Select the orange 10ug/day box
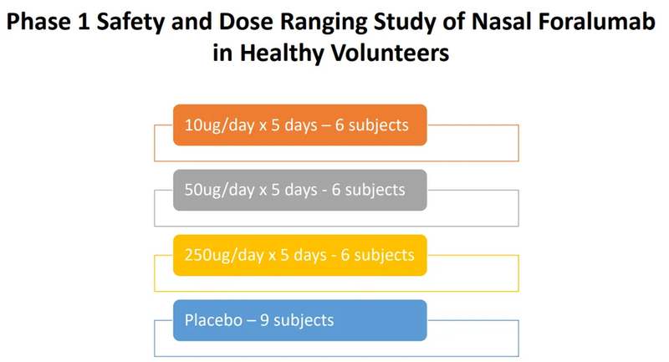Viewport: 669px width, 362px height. (300, 125)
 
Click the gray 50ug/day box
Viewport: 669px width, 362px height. (300, 190)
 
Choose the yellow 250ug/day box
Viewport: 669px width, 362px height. (300, 255)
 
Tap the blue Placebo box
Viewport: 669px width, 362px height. (300, 320)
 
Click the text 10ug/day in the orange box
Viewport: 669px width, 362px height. (213, 125)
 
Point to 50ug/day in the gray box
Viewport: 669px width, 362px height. (213, 190)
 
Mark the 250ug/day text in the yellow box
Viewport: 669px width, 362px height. (217, 255)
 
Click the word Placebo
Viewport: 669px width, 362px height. (209, 320)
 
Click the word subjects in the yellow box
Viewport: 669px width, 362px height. (382, 255)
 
